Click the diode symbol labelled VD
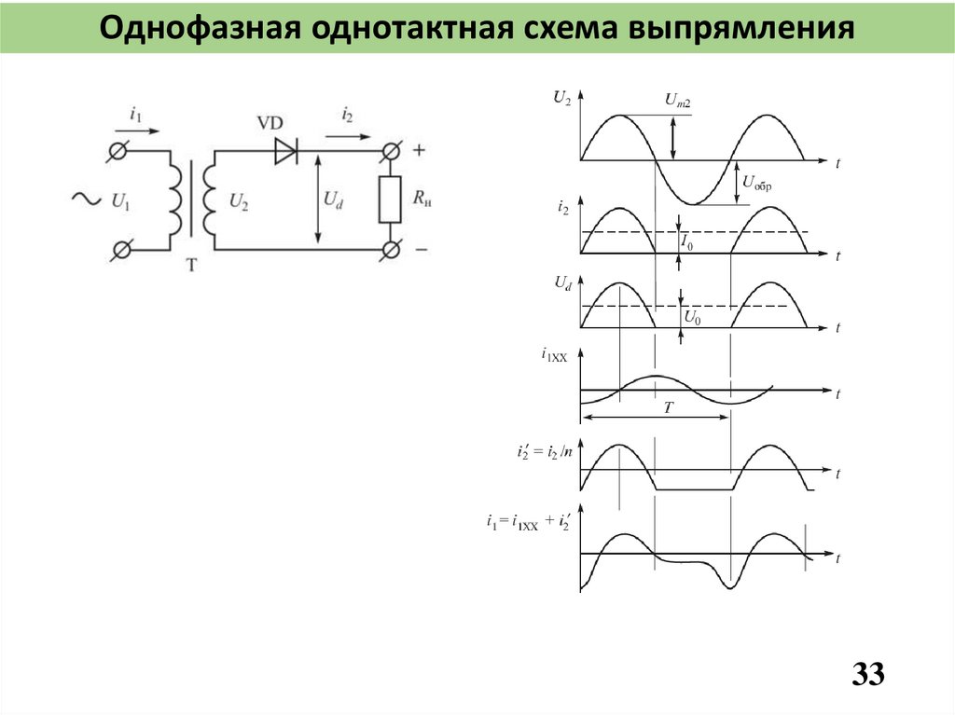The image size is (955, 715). [285, 151]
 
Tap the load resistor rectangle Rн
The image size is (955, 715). [390, 199]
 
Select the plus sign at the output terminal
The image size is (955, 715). [419, 149]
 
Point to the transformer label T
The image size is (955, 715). [192, 266]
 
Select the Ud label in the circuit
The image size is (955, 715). [333, 199]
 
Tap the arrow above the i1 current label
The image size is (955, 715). [138, 131]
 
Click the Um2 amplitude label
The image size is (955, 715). [678, 101]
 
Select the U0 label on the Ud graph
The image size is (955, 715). [692, 318]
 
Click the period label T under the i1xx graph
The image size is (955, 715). [668, 408]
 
